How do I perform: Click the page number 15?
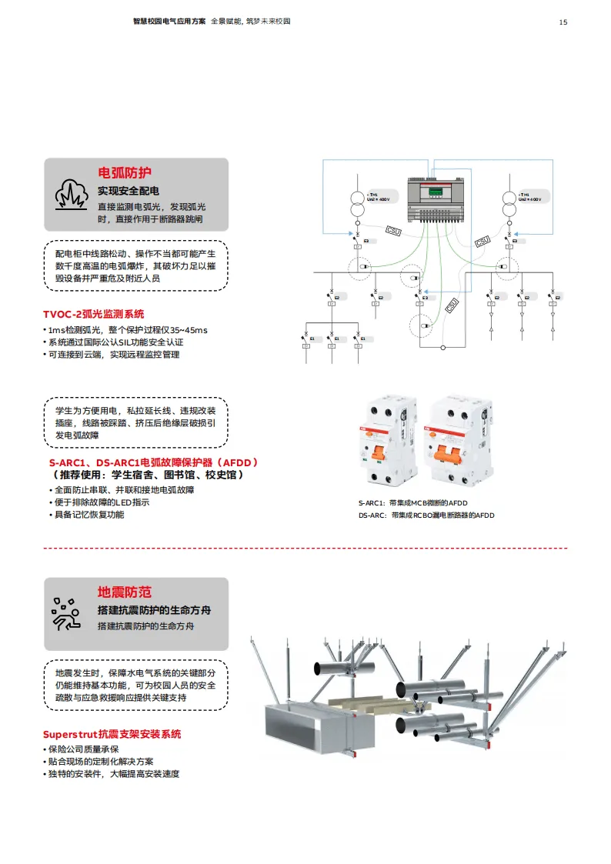pyautogui.click(x=563, y=22)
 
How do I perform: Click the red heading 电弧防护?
pyautogui.click(x=124, y=172)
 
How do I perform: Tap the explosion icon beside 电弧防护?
pyautogui.click(x=71, y=195)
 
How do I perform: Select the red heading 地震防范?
pyautogui.click(x=124, y=592)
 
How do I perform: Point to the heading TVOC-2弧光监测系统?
pyautogui.click(x=93, y=314)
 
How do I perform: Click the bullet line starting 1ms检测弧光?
pyautogui.click(x=127, y=330)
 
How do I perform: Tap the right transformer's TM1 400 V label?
pyautogui.click(x=531, y=197)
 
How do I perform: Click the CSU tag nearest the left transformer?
pyautogui.click(x=392, y=230)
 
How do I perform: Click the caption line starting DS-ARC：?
pyautogui.click(x=426, y=515)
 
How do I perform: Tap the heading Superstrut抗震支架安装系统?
pyautogui.click(x=112, y=734)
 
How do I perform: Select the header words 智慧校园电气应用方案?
pyautogui.click(x=169, y=22)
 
